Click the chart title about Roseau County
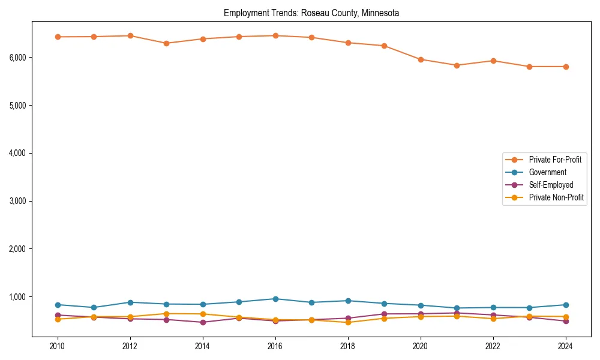pyautogui.click(x=311, y=13)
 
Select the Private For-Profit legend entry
pyautogui.click(x=554, y=160)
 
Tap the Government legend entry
pyautogui.click(x=547, y=172)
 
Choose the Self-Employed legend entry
pyautogui.click(x=551, y=185)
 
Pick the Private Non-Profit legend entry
pyautogui.click(x=556, y=197)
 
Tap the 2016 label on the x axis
pyautogui.click(x=275, y=346)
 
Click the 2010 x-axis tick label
pyautogui.click(x=58, y=346)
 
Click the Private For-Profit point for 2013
pyautogui.click(x=166, y=43)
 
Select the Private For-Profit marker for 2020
pyautogui.click(x=421, y=59)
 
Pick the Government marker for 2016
pyautogui.click(x=275, y=299)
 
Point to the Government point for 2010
pyautogui.click(x=58, y=305)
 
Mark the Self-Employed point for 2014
pyautogui.click(x=203, y=322)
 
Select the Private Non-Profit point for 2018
pyautogui.click(x=348, y=322)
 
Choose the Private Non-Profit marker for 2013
pyautogui.click(x=166, y=314)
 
